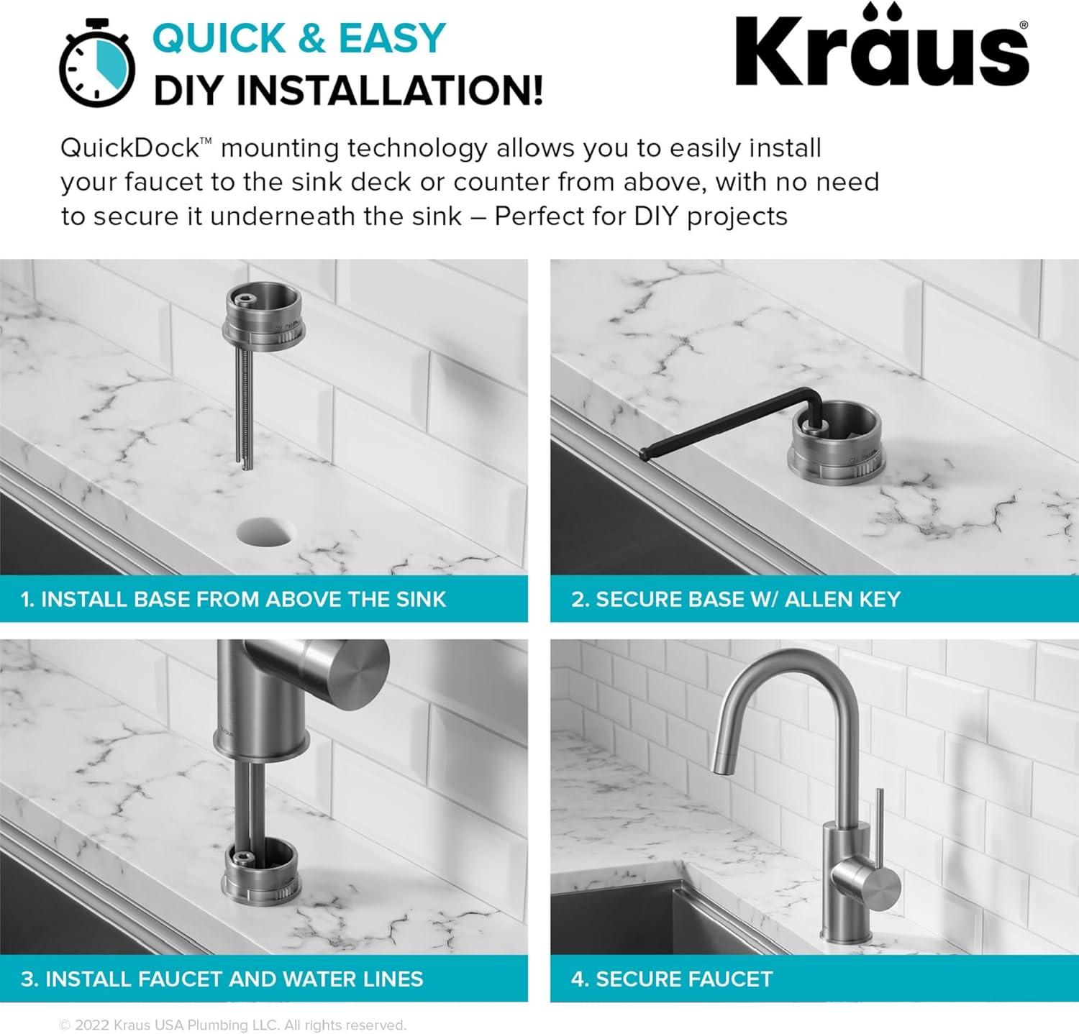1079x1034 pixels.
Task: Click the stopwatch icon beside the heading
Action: [96, 65]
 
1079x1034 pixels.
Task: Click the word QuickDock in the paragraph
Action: [129, 148]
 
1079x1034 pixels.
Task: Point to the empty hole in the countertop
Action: [265, 532]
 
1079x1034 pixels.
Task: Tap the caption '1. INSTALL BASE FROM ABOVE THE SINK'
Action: [234, 599]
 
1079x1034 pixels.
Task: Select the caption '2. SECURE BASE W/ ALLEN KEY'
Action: [735, 599]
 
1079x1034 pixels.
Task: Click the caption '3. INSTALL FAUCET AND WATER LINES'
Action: [222, 979]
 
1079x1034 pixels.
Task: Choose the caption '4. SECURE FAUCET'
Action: [672, 979]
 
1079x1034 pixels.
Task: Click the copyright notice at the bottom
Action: [232, 1025]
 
